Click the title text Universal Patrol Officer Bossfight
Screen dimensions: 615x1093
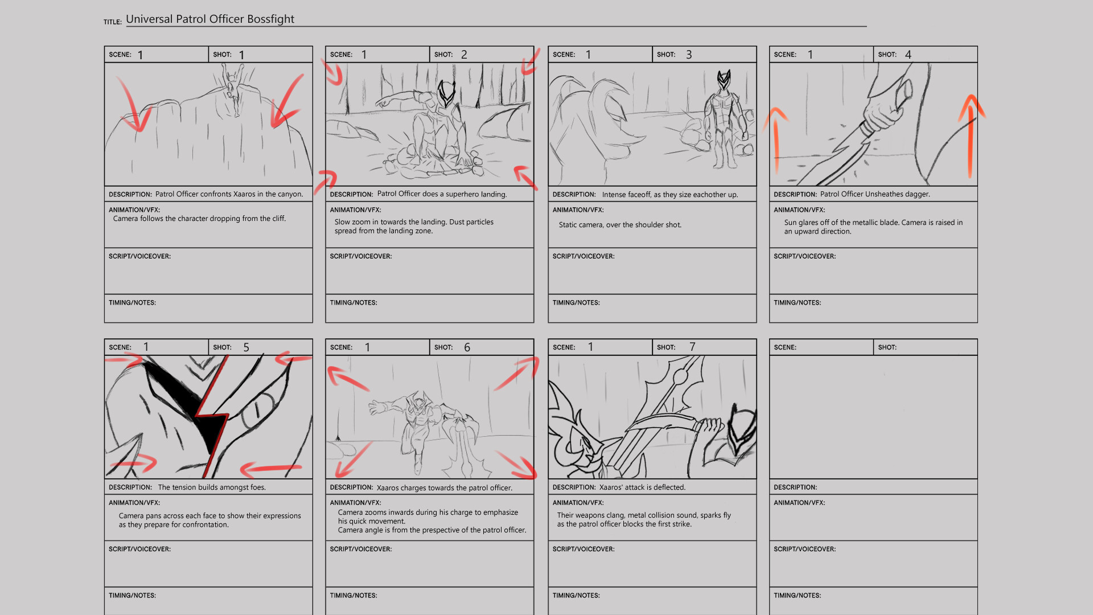[x=209, y=19]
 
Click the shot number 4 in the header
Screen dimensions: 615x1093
[x=908, y=55]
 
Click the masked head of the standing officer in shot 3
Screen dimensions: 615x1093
[x=724, y=81]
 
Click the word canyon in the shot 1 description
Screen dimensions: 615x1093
[x=290, y=194]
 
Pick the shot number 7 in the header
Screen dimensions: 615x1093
[x=692, y=347]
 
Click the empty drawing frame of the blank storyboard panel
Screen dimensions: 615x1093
[x=873, y=417]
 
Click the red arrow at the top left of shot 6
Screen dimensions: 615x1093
[x=347, y=378]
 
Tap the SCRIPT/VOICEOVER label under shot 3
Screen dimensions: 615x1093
[x=583, y=256]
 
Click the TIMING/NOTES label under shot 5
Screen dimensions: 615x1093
[x=132, y=596]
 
